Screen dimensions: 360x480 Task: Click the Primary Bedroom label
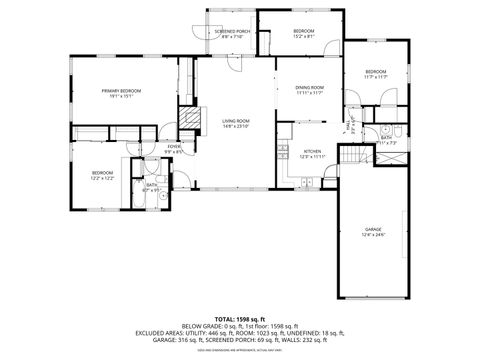(x=120, y=92)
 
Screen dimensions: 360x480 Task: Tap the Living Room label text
(x=234, y=120)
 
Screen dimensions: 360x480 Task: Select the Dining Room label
(x=309, y=88)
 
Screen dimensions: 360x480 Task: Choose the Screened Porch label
(x=232, y=32)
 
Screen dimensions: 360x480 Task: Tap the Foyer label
(x=174, y=146)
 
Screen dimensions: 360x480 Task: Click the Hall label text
(x=348, y=126)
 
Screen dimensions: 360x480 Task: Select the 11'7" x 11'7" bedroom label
(x=375, y=72)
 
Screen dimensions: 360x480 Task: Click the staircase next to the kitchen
(x=350, y=156)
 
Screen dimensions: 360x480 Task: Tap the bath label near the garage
(x=386, y=139)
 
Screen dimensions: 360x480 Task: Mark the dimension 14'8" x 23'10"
(x=234, y=125)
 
